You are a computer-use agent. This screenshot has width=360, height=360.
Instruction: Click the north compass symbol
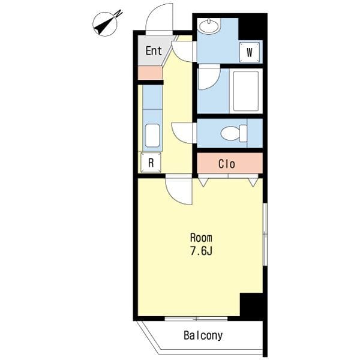(x=106, y=23)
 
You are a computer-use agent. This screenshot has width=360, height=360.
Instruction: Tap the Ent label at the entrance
(x=154, y=51)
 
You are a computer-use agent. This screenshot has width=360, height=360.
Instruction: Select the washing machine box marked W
(x=250, y=52)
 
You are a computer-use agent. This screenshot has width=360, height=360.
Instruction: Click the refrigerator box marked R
(x=151, y=163)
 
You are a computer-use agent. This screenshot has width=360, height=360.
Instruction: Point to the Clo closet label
(x=227, y=164)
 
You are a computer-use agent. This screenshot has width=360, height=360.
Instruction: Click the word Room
(x=201, y=238)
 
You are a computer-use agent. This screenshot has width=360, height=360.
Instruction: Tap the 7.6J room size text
(x=201, y=251)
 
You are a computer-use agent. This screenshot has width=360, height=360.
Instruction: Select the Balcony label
(x=203, y=335)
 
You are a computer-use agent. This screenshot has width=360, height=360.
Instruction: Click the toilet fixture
(x=234, y=133)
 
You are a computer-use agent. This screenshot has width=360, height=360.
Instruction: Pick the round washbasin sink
(x=209, y=26)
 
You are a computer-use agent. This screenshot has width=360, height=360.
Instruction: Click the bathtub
(x=246, y=91)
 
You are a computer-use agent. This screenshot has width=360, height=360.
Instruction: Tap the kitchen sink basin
(x=152, y=136)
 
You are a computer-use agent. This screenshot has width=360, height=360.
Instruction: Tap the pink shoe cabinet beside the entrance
(x=150, y=73)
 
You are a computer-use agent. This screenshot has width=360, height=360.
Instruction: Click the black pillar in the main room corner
(x=251, y=305)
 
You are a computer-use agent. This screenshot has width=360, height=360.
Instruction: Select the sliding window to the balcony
(x=196, y=319)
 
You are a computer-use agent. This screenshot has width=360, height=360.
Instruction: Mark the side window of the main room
(x=265, y=234)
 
